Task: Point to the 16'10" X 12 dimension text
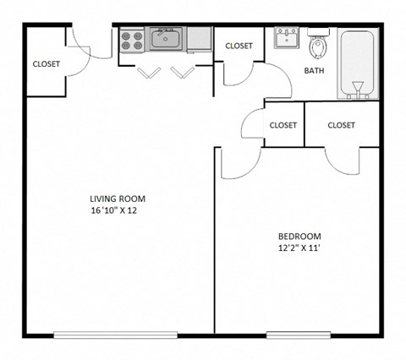pyautogui.click(x=113, y=210)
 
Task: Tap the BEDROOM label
pyautogui.click(x=299, y=236)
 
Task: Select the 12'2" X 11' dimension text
pyautogui.click(x=299, y=248)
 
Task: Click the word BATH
pyautogui.click(x=315, y=71)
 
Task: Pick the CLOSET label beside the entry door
pyautogui.click(x=46, y=63)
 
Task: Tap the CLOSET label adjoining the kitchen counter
pyautogui.click(x=239, y=46)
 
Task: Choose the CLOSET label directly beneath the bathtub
pyautogui.click(x=341, y=125)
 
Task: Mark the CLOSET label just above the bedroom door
pyautogui.click(x=283, y=125)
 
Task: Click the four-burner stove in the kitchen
pyautogui.click(x=132, y=38)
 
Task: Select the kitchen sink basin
pyautogui.click(x=166, y=37)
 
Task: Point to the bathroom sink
pyautogui.click(x=286, y=37)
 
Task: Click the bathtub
pyautogui.click(x=357, y=63)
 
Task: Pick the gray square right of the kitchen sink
pyautogui.click(x=199, y=37)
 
